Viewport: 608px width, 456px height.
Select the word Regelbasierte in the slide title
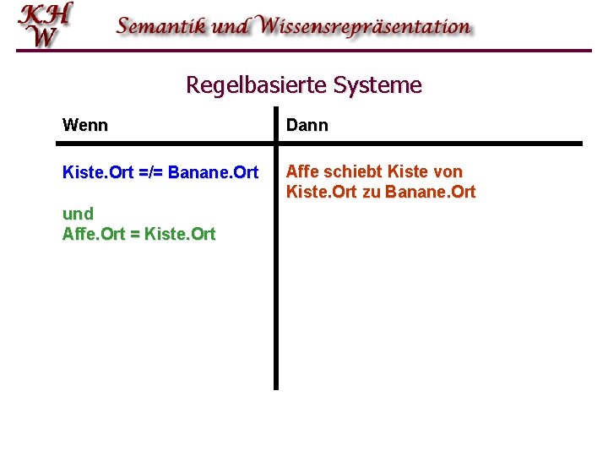257,85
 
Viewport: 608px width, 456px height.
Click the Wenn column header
85,126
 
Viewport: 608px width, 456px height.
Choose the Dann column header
307,126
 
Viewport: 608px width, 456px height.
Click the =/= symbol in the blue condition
151,173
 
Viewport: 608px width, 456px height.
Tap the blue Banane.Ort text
214,173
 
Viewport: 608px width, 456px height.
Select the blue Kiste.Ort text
98,173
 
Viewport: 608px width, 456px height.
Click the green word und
78,214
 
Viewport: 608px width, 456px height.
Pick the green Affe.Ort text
94,234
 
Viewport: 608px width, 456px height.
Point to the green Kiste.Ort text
180,234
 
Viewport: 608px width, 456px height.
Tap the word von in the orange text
448,172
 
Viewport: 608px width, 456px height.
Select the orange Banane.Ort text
430,193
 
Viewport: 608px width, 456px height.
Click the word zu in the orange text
372,193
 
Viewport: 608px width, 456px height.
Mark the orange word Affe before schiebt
303,172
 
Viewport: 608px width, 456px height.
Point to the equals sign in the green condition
136,235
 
